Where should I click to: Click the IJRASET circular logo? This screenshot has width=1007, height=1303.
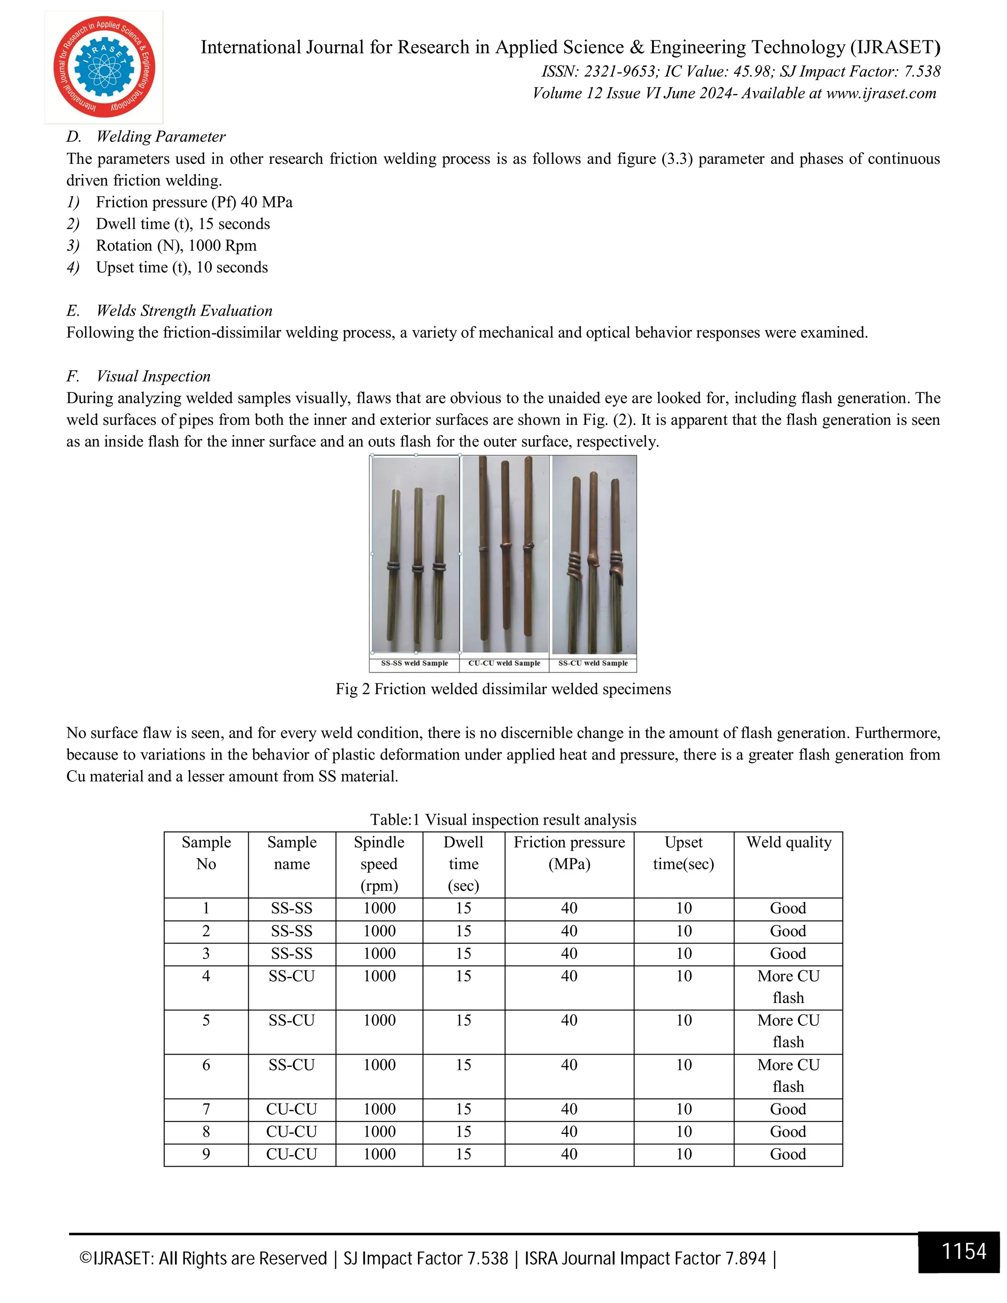tap(104, 67)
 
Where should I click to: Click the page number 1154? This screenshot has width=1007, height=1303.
tap(963, 1251)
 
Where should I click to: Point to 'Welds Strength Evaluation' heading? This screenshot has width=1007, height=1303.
tap(184, 311)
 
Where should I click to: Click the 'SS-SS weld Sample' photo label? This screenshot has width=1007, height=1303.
tap(414, 663)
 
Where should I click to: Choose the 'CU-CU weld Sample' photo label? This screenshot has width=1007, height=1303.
tap(504, 663)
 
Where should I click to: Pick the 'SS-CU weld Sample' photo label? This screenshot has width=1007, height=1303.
tap(593, 663)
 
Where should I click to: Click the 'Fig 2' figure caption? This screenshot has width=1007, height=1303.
tap(503, 689)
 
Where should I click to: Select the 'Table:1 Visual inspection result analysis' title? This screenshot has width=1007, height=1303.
tap(503, 820)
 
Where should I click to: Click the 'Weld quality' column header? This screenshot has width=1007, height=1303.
tap(788, 842)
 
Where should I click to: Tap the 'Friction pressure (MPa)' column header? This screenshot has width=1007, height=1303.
tap(569, 853)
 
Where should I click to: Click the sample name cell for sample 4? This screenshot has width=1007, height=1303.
tap(291, 977)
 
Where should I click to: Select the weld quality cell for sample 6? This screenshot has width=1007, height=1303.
tap(788, 1076)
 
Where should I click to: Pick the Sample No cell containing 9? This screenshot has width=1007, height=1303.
tap(206, 1155)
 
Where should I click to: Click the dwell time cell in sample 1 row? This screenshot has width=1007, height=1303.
tap(464, 909)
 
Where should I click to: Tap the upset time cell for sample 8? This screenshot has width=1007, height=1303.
tap(683, 1132)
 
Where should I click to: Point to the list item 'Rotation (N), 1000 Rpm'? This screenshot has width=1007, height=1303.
tap(176, 246)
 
